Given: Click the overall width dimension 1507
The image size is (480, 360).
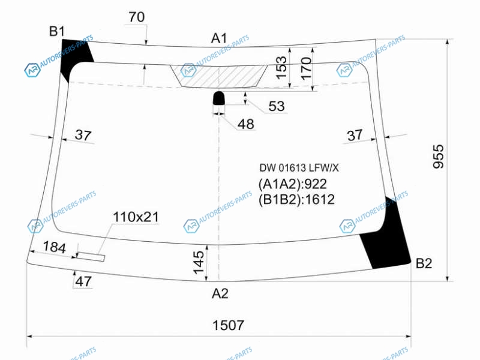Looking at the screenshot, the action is pos(228,325).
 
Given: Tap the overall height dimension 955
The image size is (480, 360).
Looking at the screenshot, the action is pos(439,157).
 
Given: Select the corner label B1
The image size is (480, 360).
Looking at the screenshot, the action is pos(57,31).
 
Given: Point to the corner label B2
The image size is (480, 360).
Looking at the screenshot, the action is pos(424,263).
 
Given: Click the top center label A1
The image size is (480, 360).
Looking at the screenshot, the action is pos(219,38).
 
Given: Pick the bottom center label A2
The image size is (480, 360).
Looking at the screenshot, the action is pos(220,293).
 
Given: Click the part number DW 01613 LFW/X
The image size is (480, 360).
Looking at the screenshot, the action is pos(299,168).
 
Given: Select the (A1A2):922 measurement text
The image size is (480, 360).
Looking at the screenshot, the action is pos(293,184).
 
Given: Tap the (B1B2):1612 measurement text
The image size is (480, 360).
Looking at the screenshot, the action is pos(296,200).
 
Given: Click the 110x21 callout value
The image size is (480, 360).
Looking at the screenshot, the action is pos(136,217).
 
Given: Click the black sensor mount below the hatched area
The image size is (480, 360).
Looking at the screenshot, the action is pos(218,98).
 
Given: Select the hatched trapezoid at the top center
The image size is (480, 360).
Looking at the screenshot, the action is pos(219,76).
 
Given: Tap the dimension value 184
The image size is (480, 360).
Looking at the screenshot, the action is pos(54,247).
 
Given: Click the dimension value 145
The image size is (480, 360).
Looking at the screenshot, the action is pos(199,262).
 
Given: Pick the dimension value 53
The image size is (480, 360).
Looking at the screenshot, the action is pos(277,106).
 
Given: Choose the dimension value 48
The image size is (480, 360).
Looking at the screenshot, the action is pos(246,124).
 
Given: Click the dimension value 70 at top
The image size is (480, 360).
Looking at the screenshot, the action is pos(137,17).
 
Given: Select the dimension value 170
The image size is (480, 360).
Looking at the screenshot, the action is pos(307,68).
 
